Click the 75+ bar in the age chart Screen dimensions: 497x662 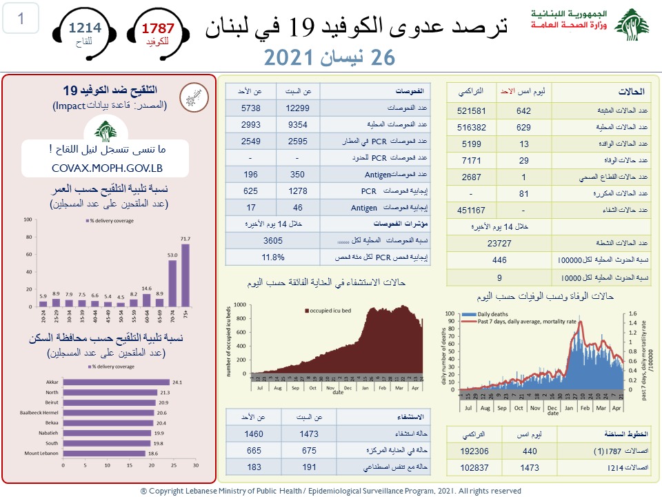click(185, 275)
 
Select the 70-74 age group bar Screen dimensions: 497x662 click(172, 283)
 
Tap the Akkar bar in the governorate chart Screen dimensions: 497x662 click(116, 382)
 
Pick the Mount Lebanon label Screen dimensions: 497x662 click(43, 454)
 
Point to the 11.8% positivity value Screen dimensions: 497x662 click(273, 257)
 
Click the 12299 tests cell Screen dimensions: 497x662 click(298, 108)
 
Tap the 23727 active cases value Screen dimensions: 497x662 click(499, 243)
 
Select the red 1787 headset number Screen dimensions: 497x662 click(158, 29)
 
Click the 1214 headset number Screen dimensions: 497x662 click(85, 28)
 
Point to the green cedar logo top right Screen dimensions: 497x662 click(632, 26)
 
